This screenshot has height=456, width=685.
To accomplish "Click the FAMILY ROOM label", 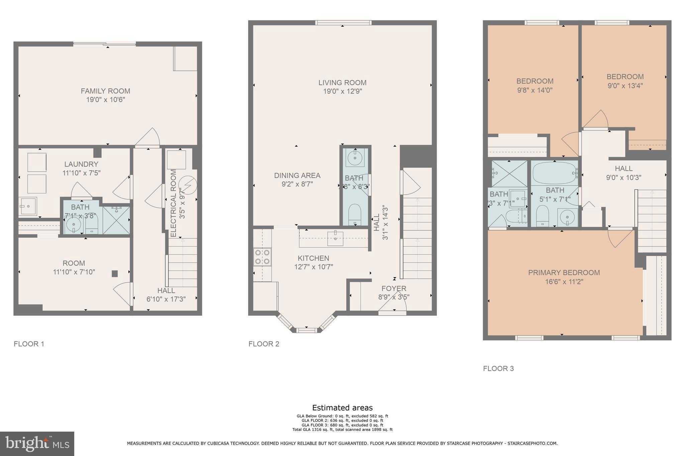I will [105, 91].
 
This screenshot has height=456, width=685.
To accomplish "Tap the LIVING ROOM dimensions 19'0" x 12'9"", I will [342, 92].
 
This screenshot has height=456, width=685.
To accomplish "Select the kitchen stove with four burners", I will [262, 257].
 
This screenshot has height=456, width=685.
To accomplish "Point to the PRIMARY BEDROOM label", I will [564, 273].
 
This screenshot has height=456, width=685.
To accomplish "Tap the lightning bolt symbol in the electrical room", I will [187, 185].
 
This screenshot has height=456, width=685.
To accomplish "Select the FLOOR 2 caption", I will [264, 344].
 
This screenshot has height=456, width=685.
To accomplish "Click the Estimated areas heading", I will [342, 408].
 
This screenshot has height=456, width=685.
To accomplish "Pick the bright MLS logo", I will [37, 444].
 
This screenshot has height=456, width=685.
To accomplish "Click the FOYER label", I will [394, 288].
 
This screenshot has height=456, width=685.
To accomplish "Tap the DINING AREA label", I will [297, 175].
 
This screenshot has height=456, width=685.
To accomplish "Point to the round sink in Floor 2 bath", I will [355, 158].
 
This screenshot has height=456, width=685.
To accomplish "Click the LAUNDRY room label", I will [81, 164].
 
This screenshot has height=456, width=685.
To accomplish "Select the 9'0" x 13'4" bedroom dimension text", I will [625, 86].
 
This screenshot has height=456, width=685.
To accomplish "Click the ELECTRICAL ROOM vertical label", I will [173, 203].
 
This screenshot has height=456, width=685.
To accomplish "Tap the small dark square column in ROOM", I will [115, 274].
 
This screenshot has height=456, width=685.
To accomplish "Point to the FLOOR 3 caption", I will [498, 368].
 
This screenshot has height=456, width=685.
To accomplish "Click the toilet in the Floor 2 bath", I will [355, 214].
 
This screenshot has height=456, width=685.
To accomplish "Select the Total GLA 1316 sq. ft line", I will [342, 430].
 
